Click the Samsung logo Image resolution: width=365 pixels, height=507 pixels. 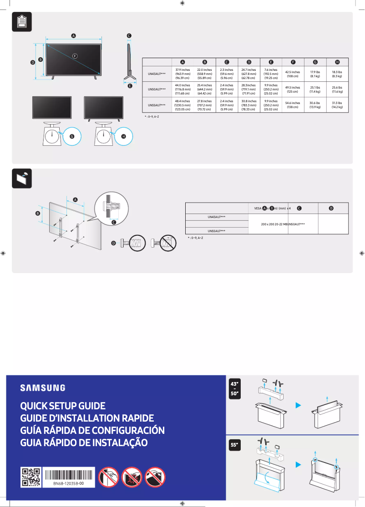point(42,388)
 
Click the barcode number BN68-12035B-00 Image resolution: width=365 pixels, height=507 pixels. point(69,484)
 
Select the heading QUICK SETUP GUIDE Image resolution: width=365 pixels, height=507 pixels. point(63,406)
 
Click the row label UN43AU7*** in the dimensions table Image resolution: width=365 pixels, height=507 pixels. point(157,74)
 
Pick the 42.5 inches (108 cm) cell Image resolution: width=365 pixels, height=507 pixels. point(292,74)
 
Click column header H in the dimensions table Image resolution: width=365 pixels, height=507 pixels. point(337,62)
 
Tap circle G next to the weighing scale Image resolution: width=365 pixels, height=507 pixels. point(71,136)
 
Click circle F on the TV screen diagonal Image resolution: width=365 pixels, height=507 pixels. point(75,55)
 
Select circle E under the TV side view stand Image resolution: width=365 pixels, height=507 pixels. point(130,85)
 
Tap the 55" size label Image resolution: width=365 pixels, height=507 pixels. point(235,446)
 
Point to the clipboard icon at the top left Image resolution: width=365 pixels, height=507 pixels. point(21,22)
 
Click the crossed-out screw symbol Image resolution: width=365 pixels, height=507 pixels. point(165,244)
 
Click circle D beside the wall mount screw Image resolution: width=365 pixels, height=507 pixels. point(114,244)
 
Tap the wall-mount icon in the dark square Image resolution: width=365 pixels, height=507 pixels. point(21,179)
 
